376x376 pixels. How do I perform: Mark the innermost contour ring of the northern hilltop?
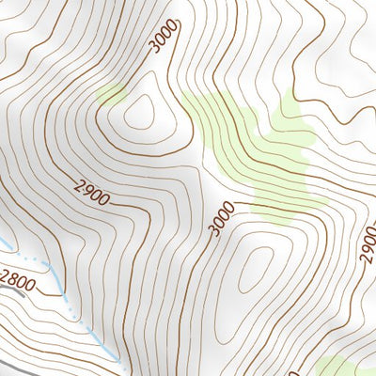(x=140, y=112)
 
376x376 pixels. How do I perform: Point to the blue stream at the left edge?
(x=8, y=247)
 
